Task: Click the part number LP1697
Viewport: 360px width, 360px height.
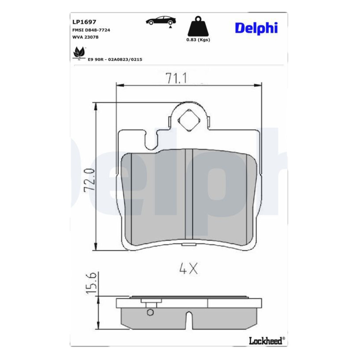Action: (x=84, y=22)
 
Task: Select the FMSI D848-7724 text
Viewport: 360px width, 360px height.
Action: (x=91, y=30)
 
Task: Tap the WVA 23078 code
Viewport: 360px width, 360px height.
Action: (x=85, y=37)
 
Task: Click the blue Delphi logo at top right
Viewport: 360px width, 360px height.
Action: (x=256, y=28)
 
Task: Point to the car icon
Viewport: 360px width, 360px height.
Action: (x=161, y=20)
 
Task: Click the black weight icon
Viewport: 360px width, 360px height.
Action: (x=198, y=26)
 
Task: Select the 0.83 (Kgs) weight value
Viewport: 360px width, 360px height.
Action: (x=198, y=40)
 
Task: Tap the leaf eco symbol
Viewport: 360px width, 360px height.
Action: (x=79, y=53)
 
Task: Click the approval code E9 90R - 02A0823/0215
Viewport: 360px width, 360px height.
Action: (x=115, y=59)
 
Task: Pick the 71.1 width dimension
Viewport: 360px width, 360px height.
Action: (x=176, y=78)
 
